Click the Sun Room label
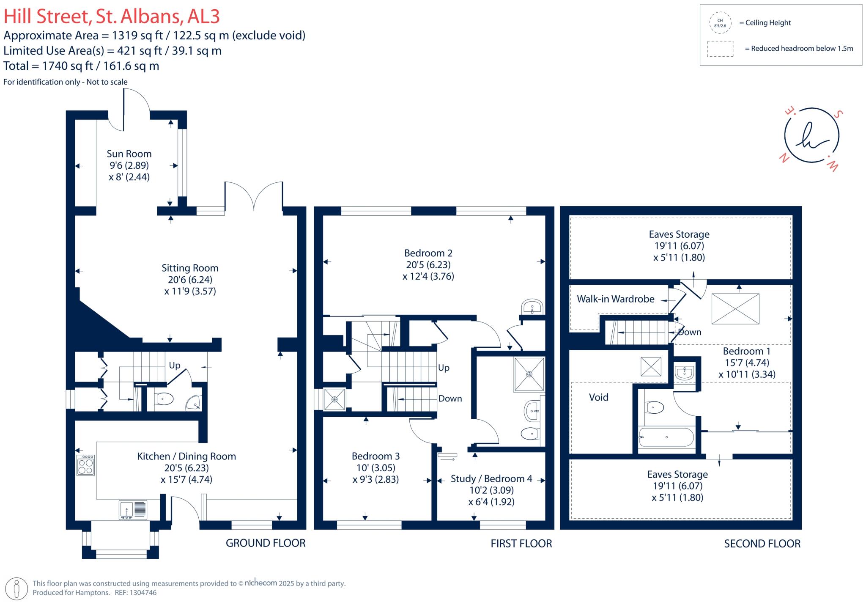[129, 154]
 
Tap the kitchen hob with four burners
[85, 465]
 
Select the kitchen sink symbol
[133, 510]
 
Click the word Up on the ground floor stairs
[175, 365]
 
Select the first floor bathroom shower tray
[529, 374]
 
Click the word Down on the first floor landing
[450, 399]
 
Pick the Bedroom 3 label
[375, 456]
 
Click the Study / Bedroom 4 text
[491, 478]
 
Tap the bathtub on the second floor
[666, 437]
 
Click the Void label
[598, 397]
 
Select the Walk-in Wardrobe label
[615, 299]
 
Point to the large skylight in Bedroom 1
[735, 309]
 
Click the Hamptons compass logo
[811, 135]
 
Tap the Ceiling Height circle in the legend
[720, 23]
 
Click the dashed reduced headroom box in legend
[720, 49]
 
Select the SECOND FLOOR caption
[762, 544]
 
